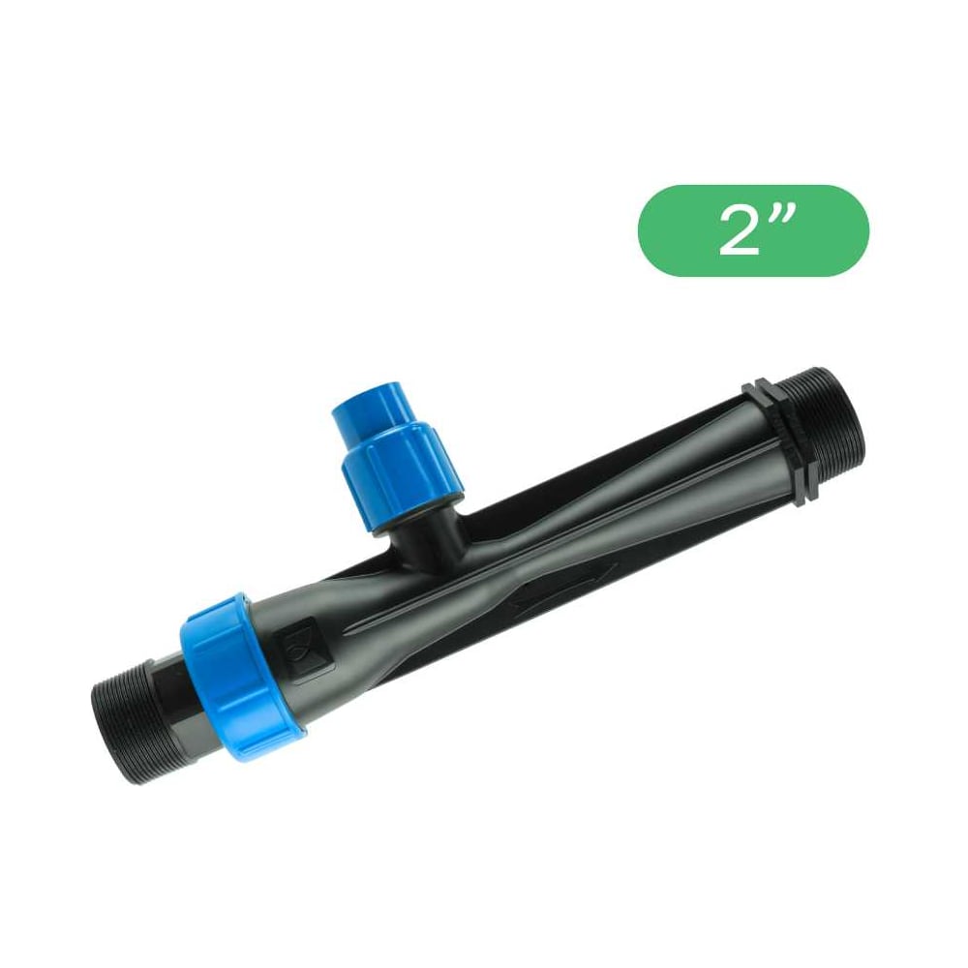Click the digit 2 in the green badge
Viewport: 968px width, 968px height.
pos(739,231)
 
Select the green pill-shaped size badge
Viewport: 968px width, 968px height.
pos(753,230)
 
